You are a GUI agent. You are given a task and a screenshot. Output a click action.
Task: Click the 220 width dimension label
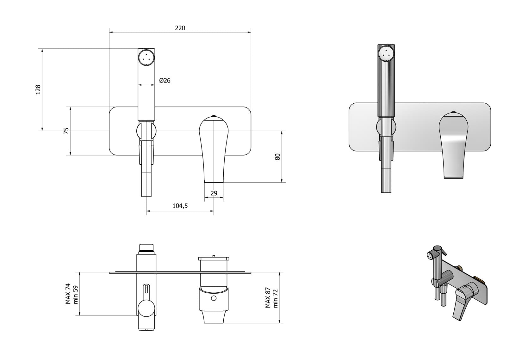point(180,28)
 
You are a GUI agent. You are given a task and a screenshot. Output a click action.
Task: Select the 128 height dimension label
point(38,90)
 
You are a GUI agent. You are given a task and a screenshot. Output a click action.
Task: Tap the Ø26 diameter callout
point(165,80)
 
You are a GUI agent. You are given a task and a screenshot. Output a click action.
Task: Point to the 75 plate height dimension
point(66,131)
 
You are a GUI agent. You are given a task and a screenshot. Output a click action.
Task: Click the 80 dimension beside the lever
point(277,157)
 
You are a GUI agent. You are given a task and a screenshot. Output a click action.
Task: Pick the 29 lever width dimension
point(214,193)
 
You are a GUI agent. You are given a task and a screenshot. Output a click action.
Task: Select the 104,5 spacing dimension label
point(180,206)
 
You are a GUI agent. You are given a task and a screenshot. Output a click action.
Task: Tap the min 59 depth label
point(76,295)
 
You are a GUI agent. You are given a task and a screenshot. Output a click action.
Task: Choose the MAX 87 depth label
point(268,298)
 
